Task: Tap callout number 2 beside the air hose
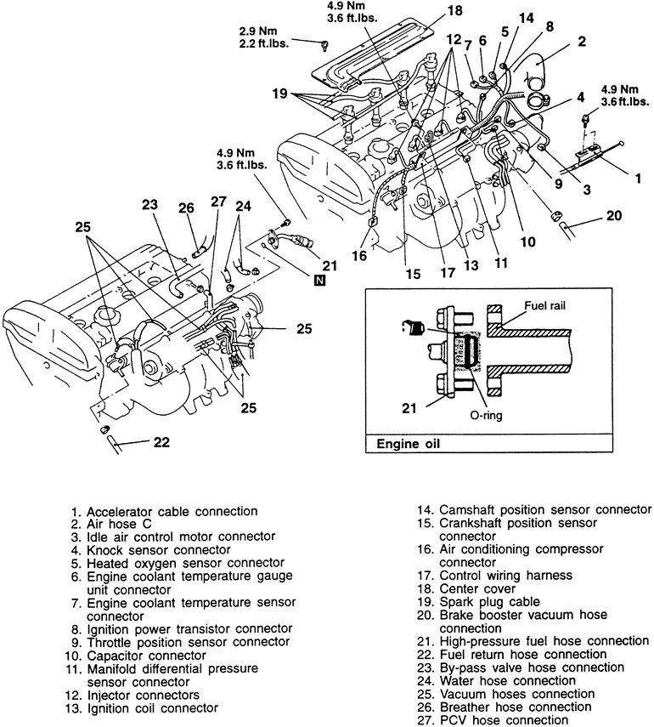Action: (x=583, y=40)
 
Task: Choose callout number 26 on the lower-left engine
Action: (x=187, y=208)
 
